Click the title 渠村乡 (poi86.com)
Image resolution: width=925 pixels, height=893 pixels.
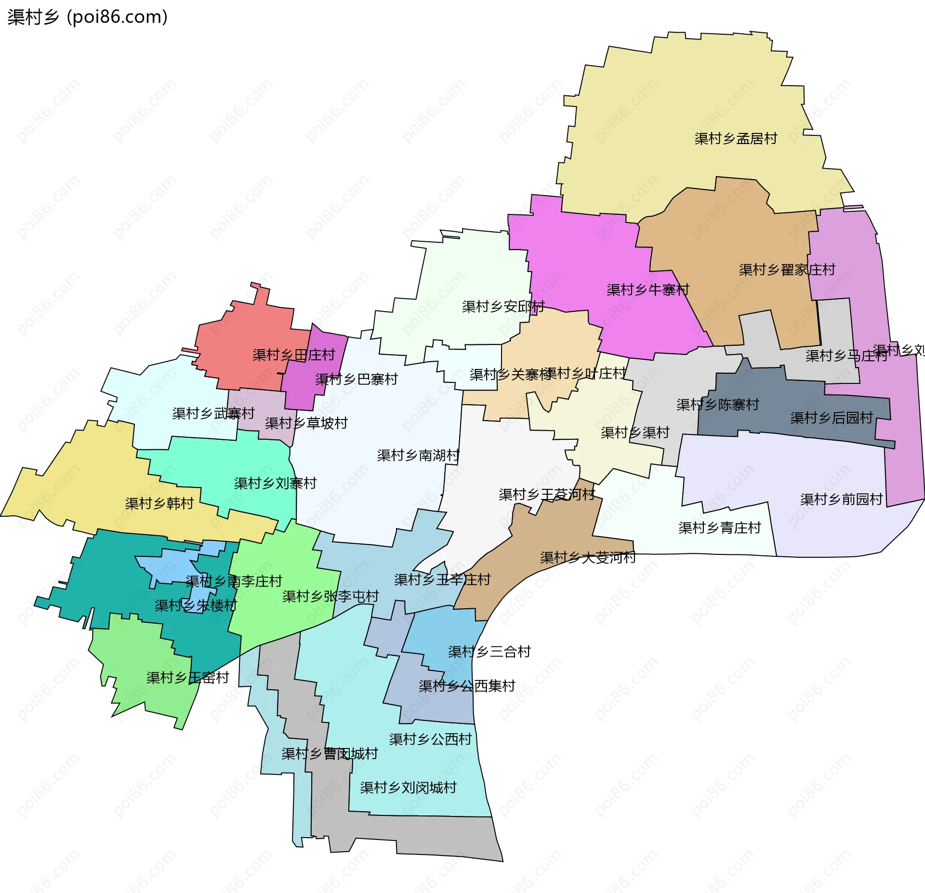(87, 17)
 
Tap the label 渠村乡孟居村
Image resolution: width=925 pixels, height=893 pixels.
(736, 139)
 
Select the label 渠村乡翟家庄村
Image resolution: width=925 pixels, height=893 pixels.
(787, 270)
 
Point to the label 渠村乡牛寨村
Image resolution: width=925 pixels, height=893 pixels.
(647, 290)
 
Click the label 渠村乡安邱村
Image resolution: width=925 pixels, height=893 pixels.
(503, 306)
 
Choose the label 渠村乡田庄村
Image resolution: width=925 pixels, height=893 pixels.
(293, 355)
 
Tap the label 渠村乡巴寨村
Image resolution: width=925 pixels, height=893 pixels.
(357, 380)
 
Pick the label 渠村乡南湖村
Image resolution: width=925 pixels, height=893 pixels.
(418, 455)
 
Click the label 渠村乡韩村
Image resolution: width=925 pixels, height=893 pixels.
(159, 503)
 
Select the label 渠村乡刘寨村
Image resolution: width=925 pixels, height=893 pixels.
(275, 483)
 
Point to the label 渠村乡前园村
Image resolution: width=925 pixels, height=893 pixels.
(841, 499)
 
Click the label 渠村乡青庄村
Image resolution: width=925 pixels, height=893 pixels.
(719, 528)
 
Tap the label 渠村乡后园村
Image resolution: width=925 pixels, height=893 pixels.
(832, 418)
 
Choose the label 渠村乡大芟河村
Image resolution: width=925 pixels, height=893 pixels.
(588, 558)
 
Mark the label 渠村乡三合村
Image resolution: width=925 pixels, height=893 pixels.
(489, 652)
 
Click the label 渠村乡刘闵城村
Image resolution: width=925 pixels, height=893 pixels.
(408, 788)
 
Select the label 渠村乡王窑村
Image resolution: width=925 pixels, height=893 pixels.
(187, 678)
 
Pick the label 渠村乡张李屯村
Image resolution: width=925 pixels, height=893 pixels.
(330, 596)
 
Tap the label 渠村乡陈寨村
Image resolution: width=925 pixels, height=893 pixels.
(717, 405)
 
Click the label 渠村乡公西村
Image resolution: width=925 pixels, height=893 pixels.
(430, 739)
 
